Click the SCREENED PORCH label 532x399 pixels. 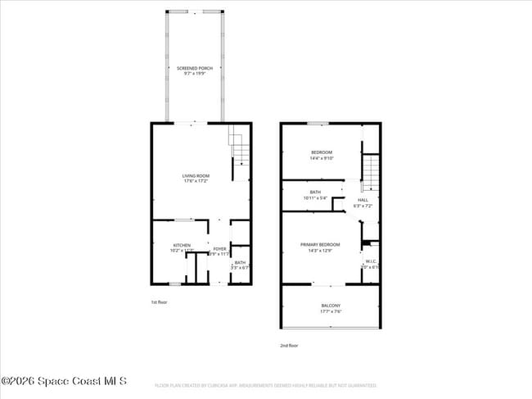(x=195, y=68)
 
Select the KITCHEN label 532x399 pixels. (x=182, y=245)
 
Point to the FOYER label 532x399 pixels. (x=219, y=248)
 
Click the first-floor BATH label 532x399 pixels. (x=240, y=262)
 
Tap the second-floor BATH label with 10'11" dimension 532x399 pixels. (x=315, y=193)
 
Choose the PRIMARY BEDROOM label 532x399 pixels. (x=319, y=244)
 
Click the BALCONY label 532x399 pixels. (x=331, y=306)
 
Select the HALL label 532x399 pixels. (x=363, y=199)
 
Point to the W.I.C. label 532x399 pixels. (x=370, y=261)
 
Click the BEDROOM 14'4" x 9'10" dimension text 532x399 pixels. (x=321, y=158)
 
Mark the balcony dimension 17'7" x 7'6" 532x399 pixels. (x=331, y=311)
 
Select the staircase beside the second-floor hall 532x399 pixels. (x=371, y=173)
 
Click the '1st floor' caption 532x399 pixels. (x=160, y=302)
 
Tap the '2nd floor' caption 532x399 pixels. (x=289, y=346)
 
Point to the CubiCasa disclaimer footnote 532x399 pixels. (x=266, y=385)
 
